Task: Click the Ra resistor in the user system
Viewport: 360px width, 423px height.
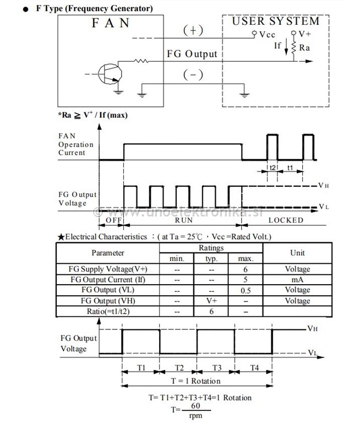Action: point(294,48)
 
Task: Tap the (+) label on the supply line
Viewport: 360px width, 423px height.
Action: point(193,31)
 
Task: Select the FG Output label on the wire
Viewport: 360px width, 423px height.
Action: point(192,54)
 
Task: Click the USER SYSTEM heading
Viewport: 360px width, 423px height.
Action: point(275,21)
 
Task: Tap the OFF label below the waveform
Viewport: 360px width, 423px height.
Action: point(112,220)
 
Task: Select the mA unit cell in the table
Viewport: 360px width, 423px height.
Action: point(297,279)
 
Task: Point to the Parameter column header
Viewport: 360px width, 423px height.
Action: point(108,253)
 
